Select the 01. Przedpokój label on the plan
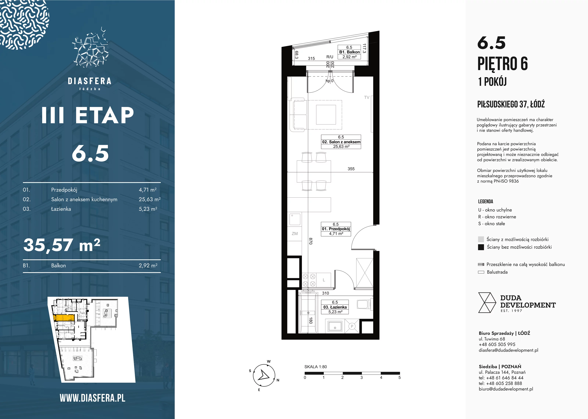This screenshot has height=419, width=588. (x=336, y=229)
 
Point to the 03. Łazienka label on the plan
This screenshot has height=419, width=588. (x=335, y=307)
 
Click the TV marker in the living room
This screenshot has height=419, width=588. (x=367, y=98)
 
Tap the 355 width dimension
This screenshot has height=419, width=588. (x=351, y=169)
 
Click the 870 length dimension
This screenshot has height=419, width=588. (x=311, y=241)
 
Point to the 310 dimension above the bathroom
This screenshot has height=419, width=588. (x=325, y=293)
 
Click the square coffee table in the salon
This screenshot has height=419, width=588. (x=326, y=115)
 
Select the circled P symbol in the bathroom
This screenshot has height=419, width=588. (x=352, y=326)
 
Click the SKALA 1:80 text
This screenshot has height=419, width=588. (x=315, y=367)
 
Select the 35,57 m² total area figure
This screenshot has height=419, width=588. (x=62, y=245)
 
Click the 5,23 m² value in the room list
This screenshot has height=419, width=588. (x=148, y=209)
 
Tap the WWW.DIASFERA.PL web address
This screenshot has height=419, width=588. (x=93, y=398)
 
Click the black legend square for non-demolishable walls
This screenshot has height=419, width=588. (x=481, y=247)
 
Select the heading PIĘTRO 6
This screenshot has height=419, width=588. (x=503, y=64)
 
